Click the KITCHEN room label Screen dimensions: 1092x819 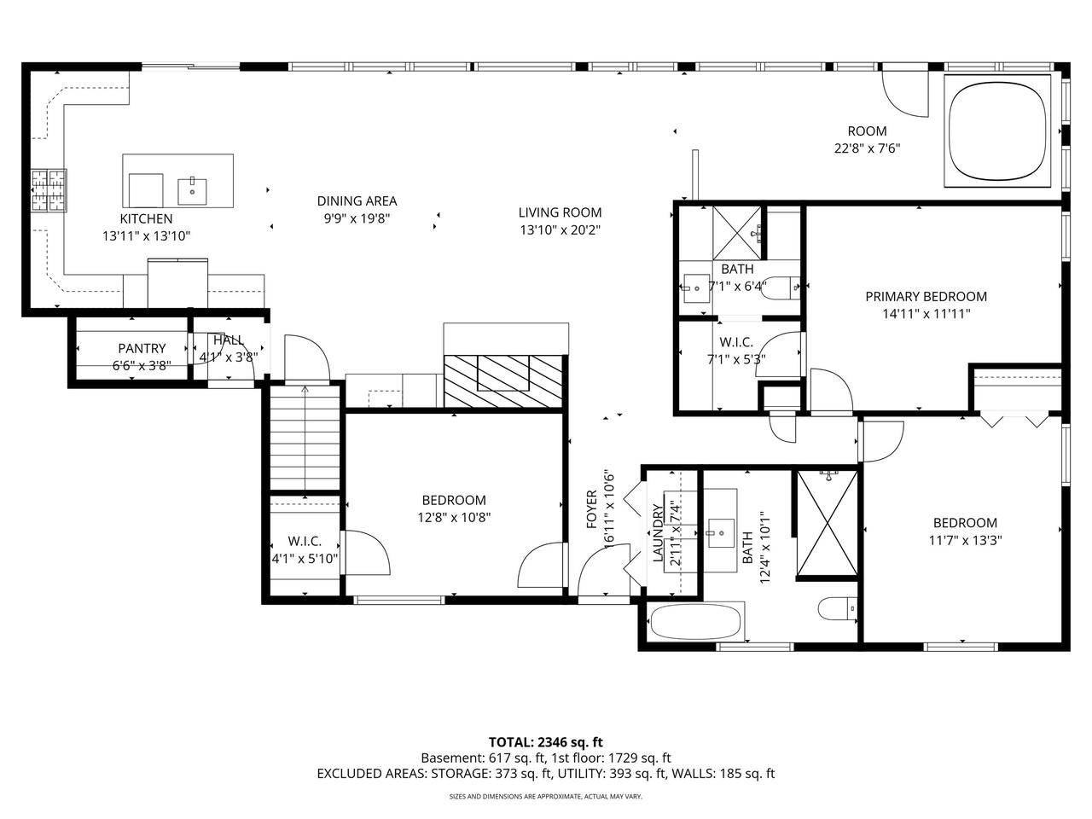[x=146, y=218]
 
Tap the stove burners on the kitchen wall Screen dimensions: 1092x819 [x=49, y=190]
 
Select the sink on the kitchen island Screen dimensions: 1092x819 [x=192, y=191]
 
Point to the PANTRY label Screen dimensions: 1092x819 [x=142, y=348]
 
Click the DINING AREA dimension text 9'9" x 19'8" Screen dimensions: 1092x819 [x=357, y=218]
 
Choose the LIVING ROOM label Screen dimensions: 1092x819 [x=561, y=212]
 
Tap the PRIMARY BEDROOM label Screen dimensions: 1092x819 [x=926, y=296]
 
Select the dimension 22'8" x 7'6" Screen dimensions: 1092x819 [x=867, y=148]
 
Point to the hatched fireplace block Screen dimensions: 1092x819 [x=503, y=381]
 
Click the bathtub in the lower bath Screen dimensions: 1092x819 [x=696, y=622]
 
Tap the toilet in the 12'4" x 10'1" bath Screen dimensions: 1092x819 [x=838, y=608]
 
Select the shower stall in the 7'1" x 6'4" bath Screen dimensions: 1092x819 [x=737, y=233]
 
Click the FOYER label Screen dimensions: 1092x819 [x=591, y=509]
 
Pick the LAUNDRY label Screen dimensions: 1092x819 [x=658, y=533]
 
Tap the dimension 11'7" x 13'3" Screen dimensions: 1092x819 [x=965, y=540]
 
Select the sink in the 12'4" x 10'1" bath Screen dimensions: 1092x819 [x=722, y=532]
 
